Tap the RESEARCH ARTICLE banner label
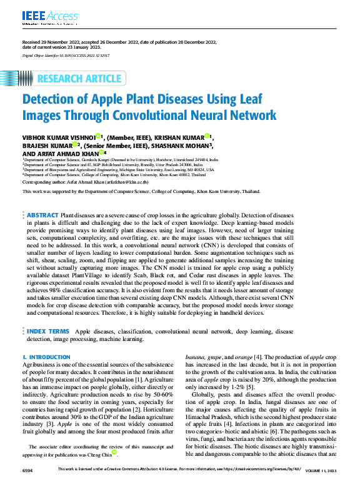[79, 79]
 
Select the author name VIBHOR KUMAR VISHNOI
[57, 137]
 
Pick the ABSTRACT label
[43, 215]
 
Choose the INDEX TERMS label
[48, 331]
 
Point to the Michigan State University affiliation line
[119, 169]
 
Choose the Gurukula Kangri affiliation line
[129, 160]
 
